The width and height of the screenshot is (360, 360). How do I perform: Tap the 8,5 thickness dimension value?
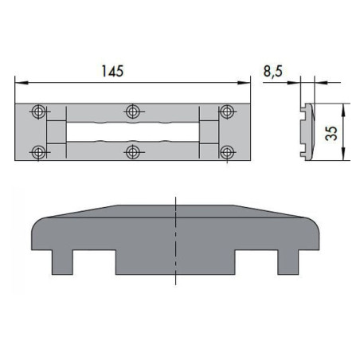[273, 71]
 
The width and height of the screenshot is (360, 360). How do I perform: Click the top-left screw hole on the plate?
[37, 111]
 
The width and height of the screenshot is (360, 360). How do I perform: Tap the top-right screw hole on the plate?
[226, 111]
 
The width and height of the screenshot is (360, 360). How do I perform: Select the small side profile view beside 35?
[305, 130]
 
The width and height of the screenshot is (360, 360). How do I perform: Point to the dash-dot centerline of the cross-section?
[174, 239]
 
